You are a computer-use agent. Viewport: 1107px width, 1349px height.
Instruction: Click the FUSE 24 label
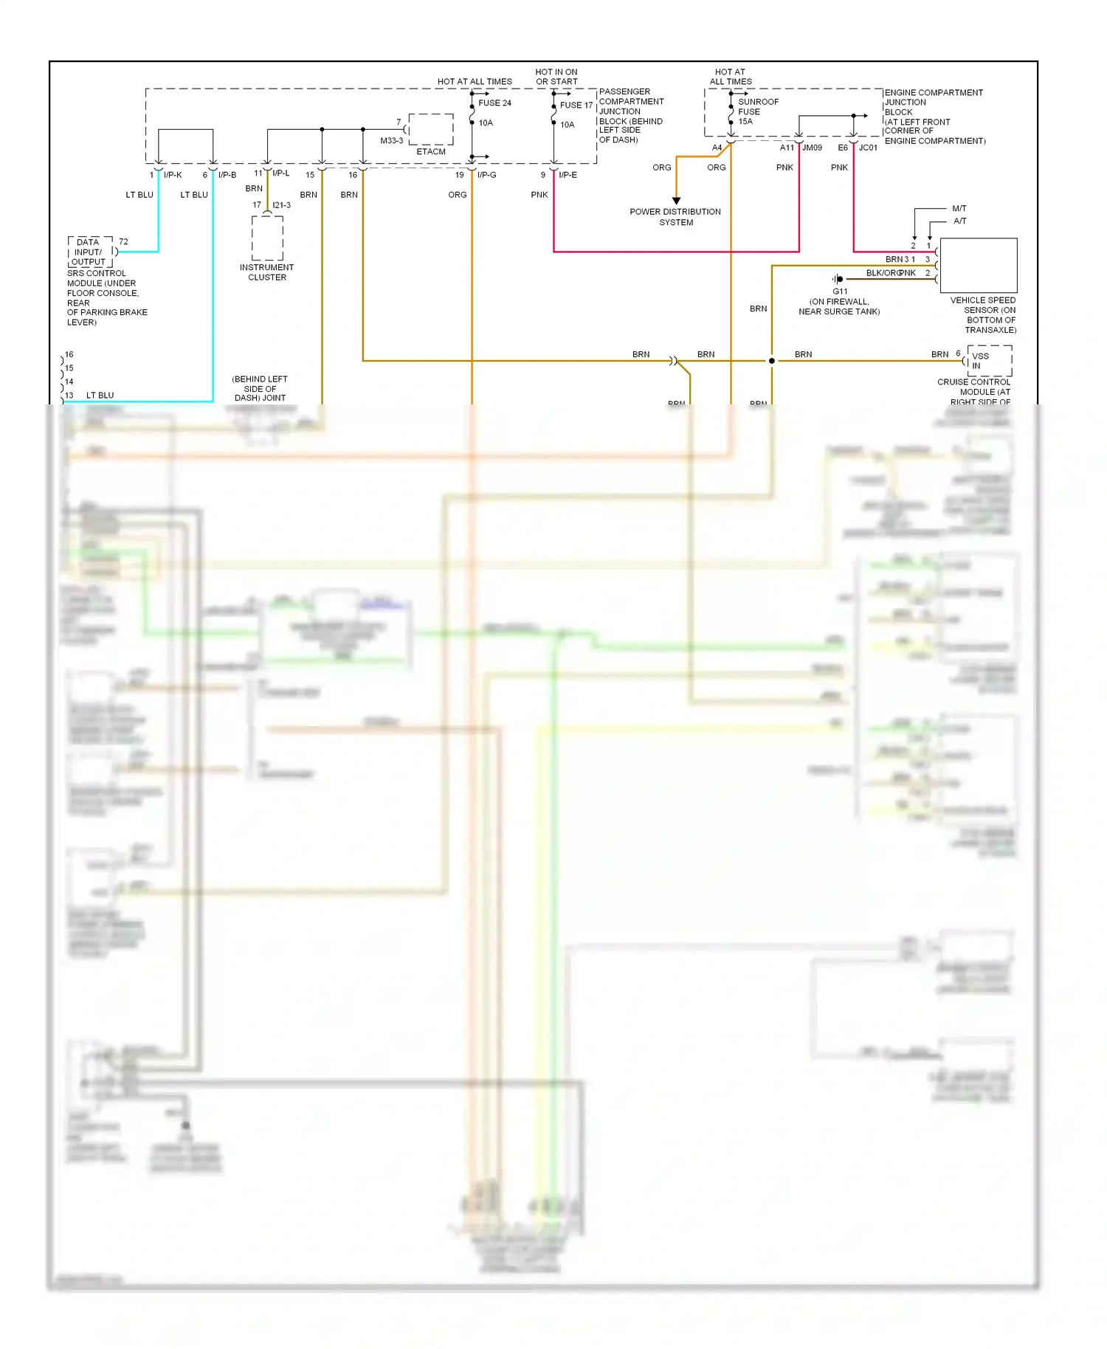tap(494, 103)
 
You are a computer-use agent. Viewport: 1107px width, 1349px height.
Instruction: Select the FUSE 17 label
tap(576, 106)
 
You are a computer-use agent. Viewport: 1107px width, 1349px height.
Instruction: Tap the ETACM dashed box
tap(431, 130)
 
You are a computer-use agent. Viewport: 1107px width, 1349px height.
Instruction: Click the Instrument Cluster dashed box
tap(267, 238)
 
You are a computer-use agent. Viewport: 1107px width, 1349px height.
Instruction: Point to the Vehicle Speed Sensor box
tap(978, 266)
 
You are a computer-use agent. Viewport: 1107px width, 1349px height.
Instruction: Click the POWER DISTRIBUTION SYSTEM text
tap(675, 217)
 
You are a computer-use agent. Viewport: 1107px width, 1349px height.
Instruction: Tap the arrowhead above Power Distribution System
tap(676, 201)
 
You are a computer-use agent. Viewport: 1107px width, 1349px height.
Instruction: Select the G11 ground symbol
tap(838, 279)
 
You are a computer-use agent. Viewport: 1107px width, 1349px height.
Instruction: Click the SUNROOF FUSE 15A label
tap(757, 111)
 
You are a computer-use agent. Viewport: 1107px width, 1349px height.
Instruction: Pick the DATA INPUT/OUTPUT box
tap(90, 252)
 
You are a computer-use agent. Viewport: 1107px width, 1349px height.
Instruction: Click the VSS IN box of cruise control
tap(988, 361)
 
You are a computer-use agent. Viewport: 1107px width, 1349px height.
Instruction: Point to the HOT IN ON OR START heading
tap(556, 77)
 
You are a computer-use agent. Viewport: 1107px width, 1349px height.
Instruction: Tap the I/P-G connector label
tap(486, 175)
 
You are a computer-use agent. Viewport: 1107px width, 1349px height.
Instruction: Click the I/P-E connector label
tap(568, 175)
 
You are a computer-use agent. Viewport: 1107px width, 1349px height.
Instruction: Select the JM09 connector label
tap(812, 148)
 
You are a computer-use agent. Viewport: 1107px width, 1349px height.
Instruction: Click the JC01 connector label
tap(868, 148)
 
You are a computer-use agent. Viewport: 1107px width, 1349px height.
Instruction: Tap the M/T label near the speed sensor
tap(959, 209)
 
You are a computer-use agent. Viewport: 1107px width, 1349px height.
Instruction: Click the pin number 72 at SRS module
tap(123, 242)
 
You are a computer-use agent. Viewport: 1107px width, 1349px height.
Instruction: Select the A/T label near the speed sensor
tap(959, 221)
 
